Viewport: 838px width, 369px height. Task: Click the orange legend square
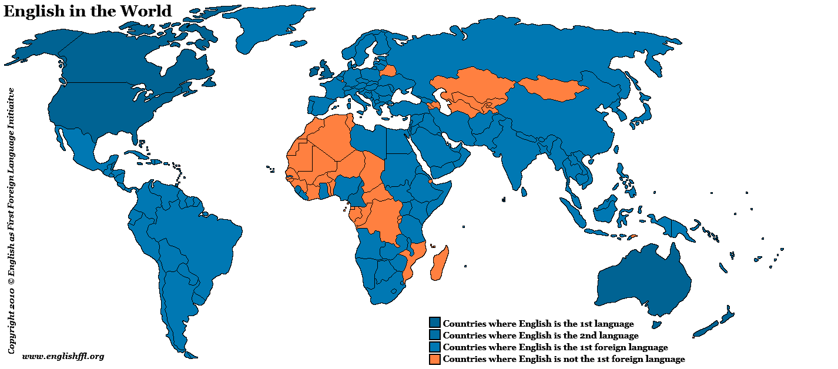(435, 359)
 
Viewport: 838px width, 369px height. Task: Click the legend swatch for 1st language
(435, 323)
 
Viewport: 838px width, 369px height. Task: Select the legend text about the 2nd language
(540, 336)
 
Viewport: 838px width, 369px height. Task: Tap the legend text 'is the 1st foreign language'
(555, 347)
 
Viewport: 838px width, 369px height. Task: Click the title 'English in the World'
(88, 11)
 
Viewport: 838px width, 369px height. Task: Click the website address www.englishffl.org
(63, 356)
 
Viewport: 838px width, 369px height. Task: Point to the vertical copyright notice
(11, 220)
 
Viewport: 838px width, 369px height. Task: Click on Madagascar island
(440, 264)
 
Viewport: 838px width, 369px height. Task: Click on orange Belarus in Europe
(388, 71)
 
